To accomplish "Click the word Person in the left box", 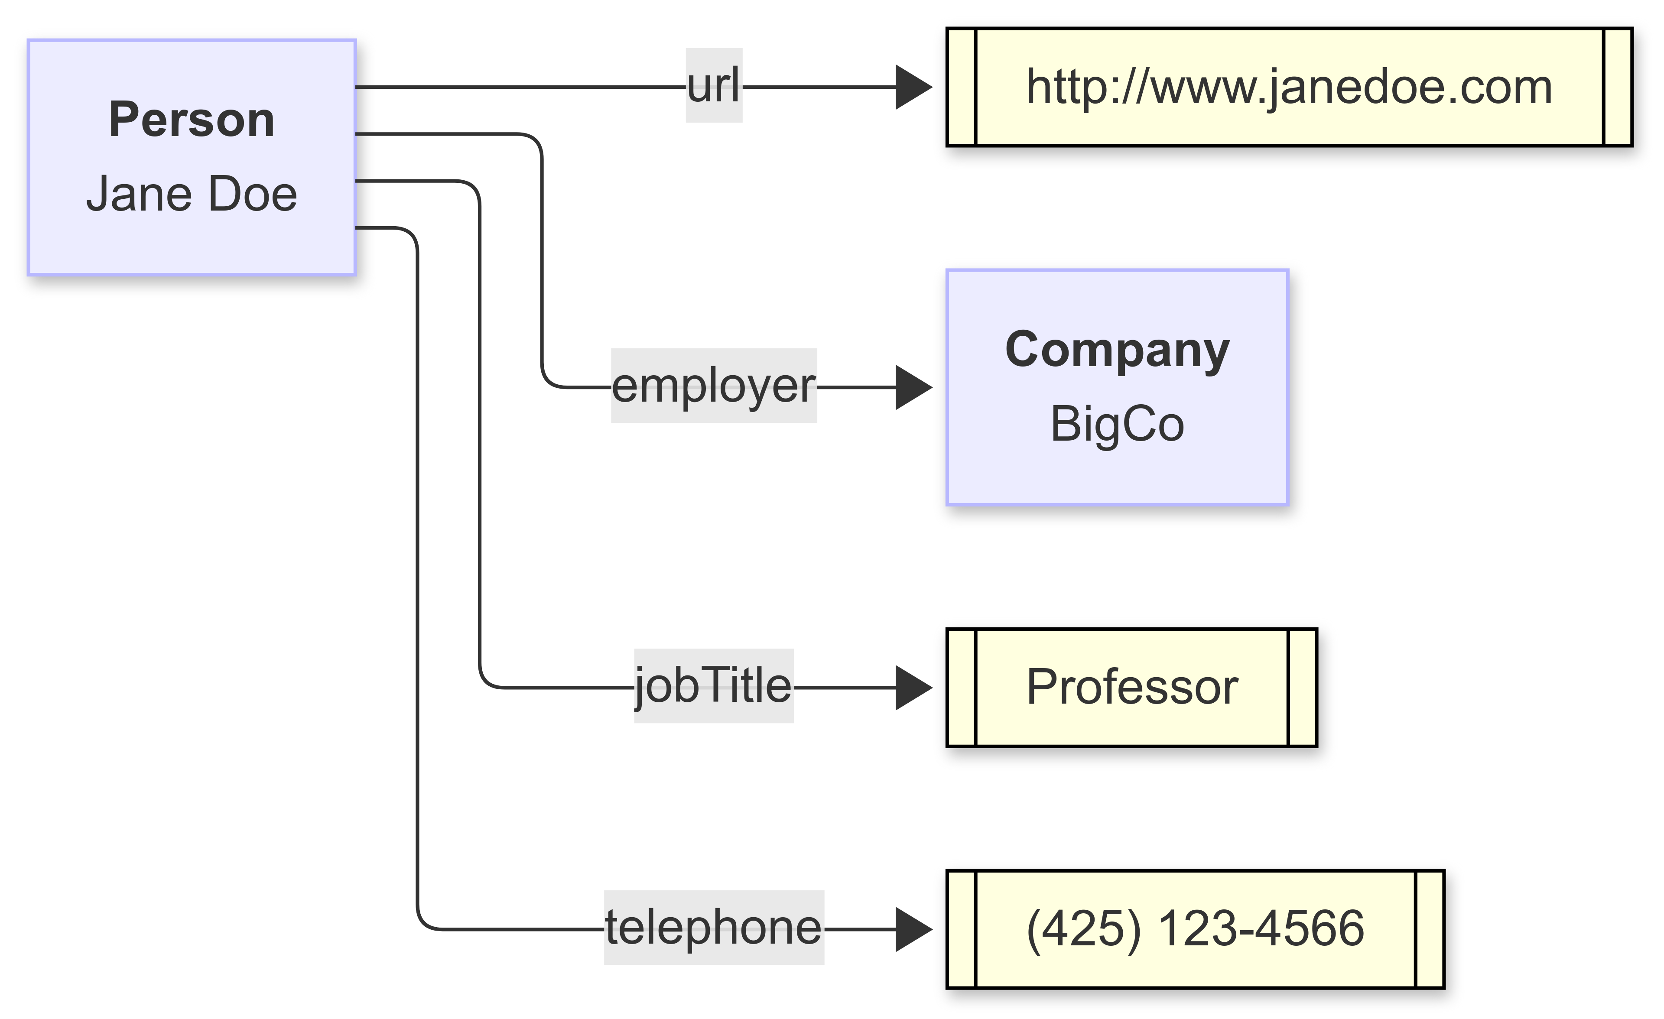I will (192, 120).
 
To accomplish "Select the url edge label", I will (714, 86).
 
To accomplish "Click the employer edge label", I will (714, 386).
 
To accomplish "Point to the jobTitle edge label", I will (713, 686).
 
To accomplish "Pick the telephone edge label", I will (714, 928).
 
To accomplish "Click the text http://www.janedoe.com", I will (1289, 87).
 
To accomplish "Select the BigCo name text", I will (1117, 425).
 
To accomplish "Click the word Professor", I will (1132, 688).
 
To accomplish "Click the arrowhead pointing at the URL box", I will (913, 87).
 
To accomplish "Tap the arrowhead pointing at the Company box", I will (913, 388).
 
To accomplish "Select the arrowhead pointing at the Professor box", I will (913, 688).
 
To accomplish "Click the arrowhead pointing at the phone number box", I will (913, 929).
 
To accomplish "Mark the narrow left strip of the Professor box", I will (962, 688).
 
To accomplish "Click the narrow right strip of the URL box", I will (1618, 87).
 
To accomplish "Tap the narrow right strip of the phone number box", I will (1430, 929).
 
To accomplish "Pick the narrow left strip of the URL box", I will (962, 87).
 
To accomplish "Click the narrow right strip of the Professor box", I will (1303, 688).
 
